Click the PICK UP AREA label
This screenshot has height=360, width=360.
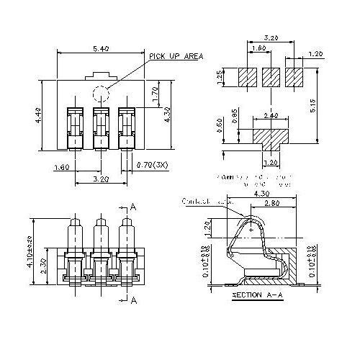[176, 55]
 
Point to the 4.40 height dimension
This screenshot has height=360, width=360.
[39, 114]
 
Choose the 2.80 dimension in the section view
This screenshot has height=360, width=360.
[272, 204]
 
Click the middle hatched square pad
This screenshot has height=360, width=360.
[269, 76]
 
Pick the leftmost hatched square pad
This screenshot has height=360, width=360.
[246, 76]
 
